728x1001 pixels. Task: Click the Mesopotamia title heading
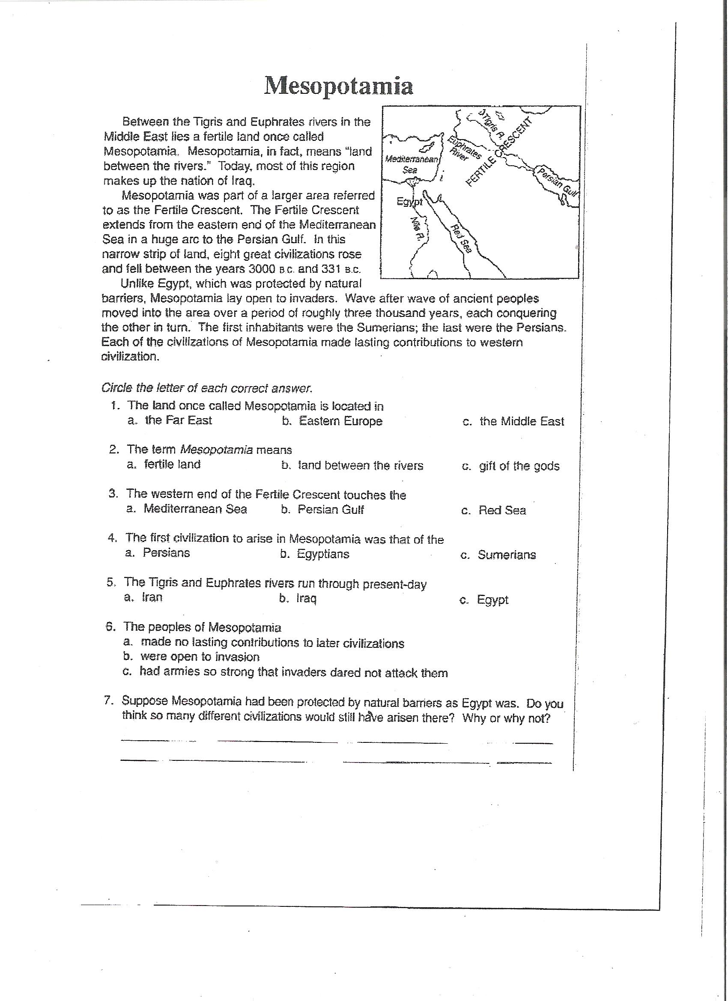[x=339, y=85]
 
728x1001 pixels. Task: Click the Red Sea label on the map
[x=461, y=238]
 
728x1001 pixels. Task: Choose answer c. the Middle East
[x=513, y=421]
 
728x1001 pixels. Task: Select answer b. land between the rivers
[x=352, y=466]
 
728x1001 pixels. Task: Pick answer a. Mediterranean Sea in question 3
[x=186, y=509]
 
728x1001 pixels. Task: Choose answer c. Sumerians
[x=498, y=555]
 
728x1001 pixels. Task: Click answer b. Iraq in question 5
[x=298, y=599]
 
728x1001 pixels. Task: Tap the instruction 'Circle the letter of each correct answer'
[x=206, y=388]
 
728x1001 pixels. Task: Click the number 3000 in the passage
[x=262, y=269]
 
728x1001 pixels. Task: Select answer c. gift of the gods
[x=510, y=466]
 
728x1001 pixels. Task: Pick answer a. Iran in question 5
[x=143, y=597]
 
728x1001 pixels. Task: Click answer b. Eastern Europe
[x=332, y=421]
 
